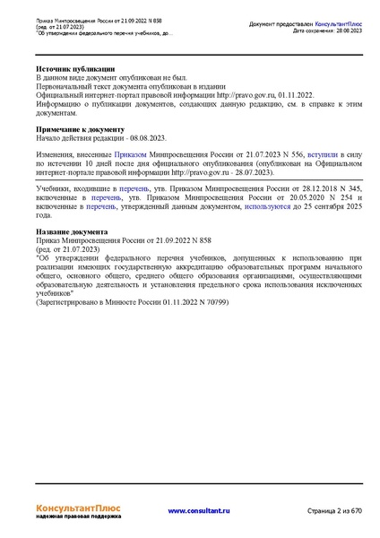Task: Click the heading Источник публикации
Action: (75, 69)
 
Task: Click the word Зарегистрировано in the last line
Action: (74, 303)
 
